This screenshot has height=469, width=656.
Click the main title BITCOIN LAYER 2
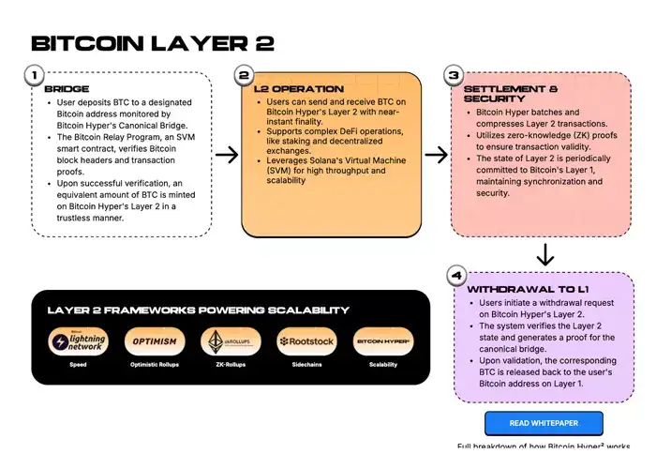153,43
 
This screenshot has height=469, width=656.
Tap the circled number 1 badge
34,74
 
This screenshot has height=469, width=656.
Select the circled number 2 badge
245,74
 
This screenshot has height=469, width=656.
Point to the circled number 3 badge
454,74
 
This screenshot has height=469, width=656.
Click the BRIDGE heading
67,89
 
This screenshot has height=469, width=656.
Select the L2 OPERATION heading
299,89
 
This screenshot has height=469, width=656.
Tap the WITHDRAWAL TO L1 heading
528,289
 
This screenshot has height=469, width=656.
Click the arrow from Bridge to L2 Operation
225,154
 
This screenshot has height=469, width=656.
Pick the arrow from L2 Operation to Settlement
435,154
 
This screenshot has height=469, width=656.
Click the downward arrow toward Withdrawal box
545,254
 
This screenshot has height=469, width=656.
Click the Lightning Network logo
78,342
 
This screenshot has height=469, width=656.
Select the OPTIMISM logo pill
155,342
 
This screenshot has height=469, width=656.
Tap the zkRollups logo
231,342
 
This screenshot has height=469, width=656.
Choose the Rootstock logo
306,342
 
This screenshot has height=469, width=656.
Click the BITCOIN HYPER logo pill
383,342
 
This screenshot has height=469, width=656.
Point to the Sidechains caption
306,365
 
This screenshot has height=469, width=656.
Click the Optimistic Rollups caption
155,365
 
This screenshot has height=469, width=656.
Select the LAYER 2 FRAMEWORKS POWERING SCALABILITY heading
199,310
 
